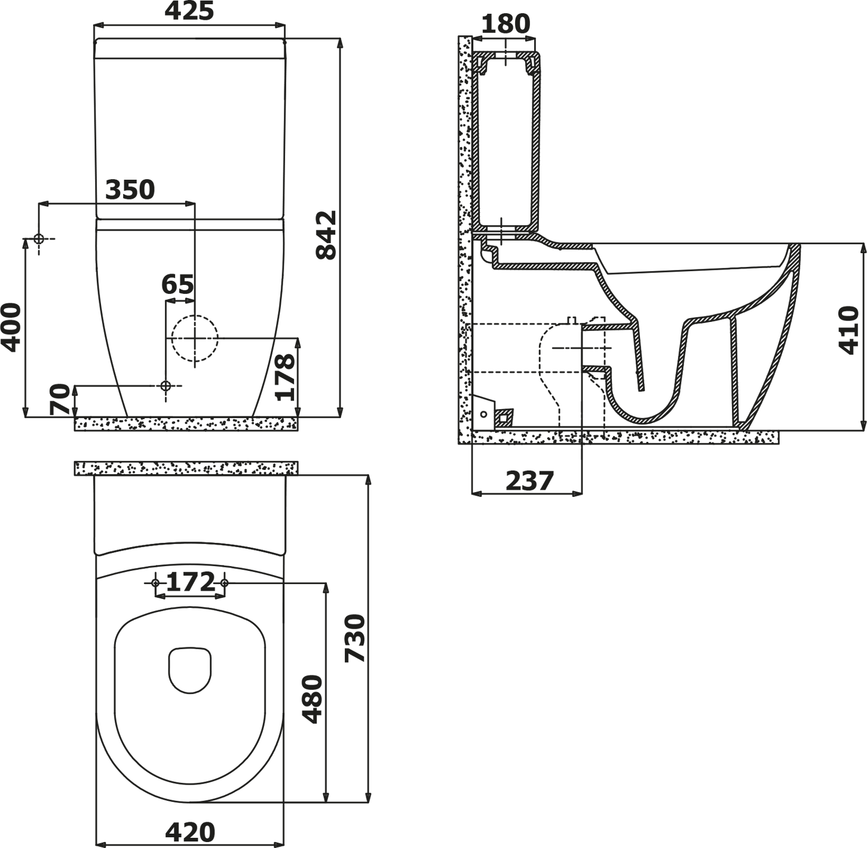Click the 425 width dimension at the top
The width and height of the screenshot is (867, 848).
pyautogui.click(x=189, y=11)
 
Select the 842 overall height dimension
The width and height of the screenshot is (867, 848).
pyautogui.click(x=326, y=235)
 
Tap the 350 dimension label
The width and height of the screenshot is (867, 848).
pyautogui.click(x=130, y=190)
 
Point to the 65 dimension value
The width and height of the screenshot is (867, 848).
pyautogui.click(x=178, y=284)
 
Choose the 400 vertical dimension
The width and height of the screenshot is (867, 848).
pyautogui.click(x=11, y=328)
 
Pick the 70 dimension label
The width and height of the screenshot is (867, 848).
pyautogui.click(x=60, y=399)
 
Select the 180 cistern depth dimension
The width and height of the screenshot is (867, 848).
pyautogui.click(x=506, y=24)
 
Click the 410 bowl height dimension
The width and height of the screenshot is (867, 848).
pyautogui.click(x=848, y=330)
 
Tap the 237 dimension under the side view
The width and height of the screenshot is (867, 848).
pyautogui.click(x=530, y=481)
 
